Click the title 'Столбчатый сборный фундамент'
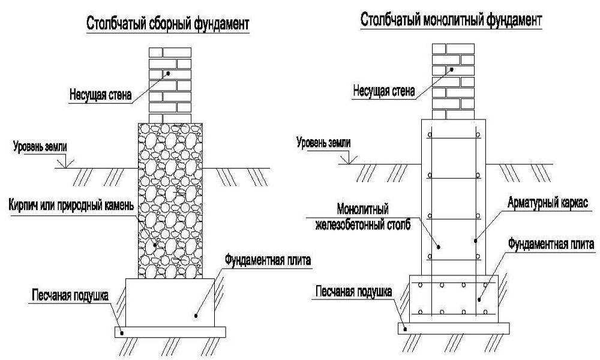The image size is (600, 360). (x=167, y=23)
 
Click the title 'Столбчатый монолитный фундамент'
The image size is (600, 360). (x=451, y=20)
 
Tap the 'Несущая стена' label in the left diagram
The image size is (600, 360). (x=101, y=94)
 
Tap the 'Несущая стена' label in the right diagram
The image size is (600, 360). (x=384, y=91)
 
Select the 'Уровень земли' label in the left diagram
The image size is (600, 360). (x=40, y=146)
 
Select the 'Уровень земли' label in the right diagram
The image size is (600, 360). (x=323, y=143)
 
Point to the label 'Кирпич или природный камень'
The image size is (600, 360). (x=71, y=205)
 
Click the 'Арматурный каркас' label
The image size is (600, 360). (x=548, y=202)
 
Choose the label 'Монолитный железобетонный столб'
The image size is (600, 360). (x=363, y=217)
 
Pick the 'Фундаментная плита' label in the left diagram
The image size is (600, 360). (x=268, y=260)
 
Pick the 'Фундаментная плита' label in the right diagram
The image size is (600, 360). (x=551, y=244)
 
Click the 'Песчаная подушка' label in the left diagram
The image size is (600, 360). (x=70, y=295)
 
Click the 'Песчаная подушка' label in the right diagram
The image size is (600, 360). (x=353, y=292)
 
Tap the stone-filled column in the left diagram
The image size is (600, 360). (x=170, y=200)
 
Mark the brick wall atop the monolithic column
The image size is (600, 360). (x=453, y=82)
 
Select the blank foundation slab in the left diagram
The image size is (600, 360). (x=170, y=302)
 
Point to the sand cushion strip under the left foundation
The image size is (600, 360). (x=170, y=332)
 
